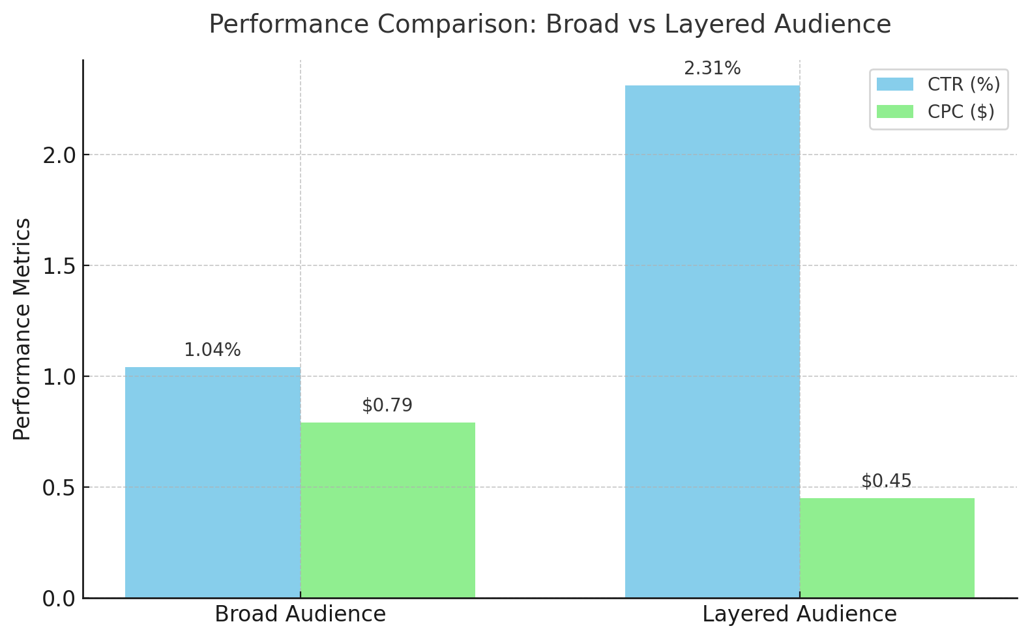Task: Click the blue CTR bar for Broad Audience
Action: coord(213,483)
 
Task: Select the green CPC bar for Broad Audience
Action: coord(387,510)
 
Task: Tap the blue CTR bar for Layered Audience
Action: coord(712,342)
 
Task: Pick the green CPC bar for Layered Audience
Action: coord(887,548)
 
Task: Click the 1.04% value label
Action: coord(213,350)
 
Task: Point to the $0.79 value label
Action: coord(387,406)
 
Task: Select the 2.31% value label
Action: coord(712,68)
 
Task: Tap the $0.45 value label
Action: coord(887,481)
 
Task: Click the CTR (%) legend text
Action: coord(964,84)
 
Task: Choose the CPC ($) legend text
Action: coord(961,111)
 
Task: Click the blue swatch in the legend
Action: coord(894,84)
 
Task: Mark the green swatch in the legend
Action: coord(894,111)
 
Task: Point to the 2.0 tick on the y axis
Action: coord(59,155)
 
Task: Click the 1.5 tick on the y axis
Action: coord(59,266)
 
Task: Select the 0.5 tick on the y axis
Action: coord(59,488)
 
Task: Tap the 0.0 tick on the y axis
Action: coord(59,599)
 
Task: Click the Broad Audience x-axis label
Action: coord(300,614)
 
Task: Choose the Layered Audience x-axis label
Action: coord(799,614)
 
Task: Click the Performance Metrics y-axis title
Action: coord(22,329)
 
